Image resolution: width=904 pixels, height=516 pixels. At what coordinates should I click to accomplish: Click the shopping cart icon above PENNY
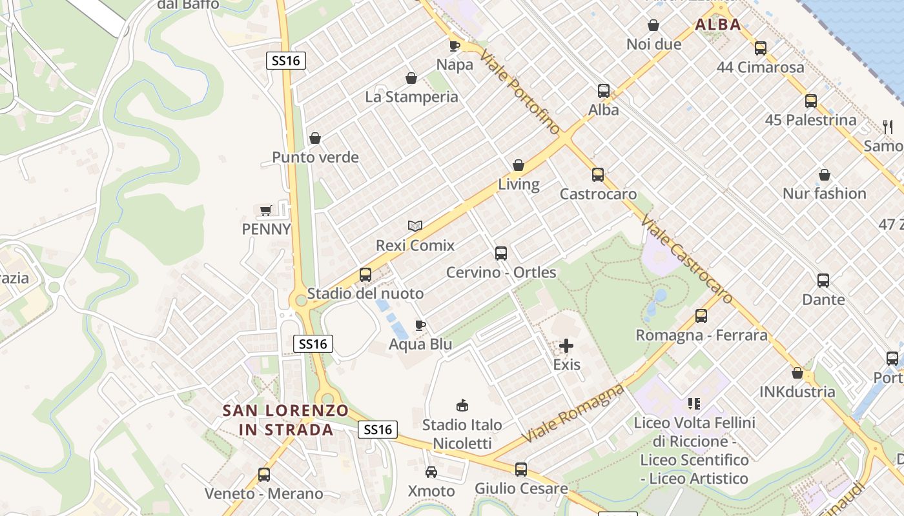pos(265,210)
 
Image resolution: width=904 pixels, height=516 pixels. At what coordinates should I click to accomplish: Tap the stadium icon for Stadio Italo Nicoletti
pos(462,405)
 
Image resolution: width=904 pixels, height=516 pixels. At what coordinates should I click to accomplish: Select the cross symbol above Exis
pos(566,346)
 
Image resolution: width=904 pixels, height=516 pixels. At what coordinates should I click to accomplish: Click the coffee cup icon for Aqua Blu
pos(420,325)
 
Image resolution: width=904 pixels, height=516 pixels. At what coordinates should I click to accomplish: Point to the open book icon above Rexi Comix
pos(415,226)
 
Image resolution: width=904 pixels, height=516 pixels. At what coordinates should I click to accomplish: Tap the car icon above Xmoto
pos(431,472)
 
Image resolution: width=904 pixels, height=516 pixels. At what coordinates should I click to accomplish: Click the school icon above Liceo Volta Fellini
pos(694,404)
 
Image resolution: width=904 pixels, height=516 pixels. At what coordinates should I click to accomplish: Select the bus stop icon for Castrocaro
pos(598,174)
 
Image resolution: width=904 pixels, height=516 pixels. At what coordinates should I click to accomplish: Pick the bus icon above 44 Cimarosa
pos(761,48)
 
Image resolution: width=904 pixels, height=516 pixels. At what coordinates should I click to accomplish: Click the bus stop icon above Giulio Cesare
pos(521,469)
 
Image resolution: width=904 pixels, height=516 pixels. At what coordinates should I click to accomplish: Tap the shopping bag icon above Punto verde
pos(315,138)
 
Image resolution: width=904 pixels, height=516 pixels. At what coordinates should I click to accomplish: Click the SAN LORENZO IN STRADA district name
pos(285,420)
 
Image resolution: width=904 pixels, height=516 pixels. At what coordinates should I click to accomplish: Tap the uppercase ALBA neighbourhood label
pos(718,25)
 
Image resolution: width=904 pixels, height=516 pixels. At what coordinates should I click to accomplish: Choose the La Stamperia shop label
pos(411,97)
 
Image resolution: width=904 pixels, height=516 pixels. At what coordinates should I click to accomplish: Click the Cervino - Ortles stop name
pos(501,272)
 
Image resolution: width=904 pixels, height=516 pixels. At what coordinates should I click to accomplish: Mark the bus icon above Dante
pos(823,281)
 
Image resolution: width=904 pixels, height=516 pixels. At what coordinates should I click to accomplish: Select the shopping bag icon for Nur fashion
pos(825,175)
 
